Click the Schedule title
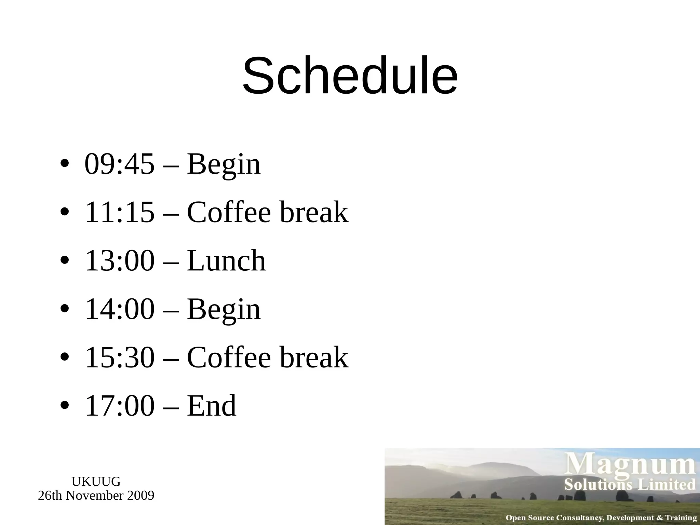350,76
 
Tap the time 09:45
119,164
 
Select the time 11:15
119,212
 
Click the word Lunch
226,261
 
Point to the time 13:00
119,261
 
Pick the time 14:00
119,309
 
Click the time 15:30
119,358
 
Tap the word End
212,406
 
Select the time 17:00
119,406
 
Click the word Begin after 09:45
224,165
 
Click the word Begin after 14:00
224,310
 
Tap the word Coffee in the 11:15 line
229,212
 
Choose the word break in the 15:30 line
314,358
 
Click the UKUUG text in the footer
96,482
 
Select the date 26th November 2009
96,496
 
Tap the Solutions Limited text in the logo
630,485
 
